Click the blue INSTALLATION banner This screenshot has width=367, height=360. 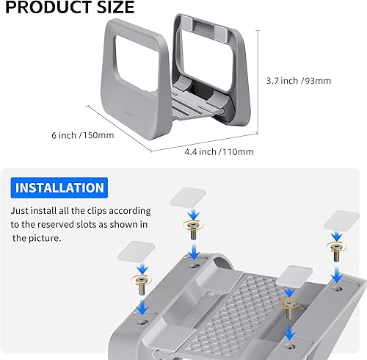pyautogui.click(x=59, y=188)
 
